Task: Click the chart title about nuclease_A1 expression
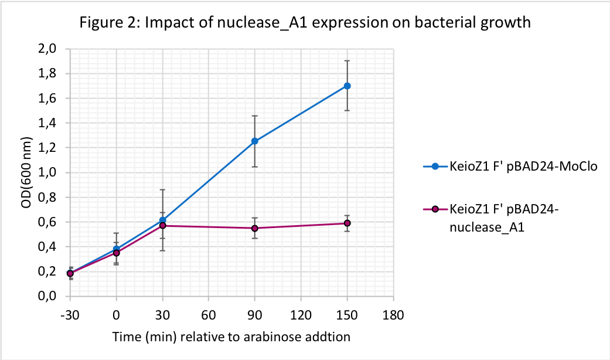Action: [x=305, y=23]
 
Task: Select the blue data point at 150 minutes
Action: [x=347, y=86]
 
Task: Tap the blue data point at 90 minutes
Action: [x=255, y=141]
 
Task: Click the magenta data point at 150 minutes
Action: [x=347, y=223]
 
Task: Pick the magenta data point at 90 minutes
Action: [x=255, y=228]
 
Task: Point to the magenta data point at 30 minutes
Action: [x=162, y=226]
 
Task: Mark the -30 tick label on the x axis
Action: [x=70, y=315]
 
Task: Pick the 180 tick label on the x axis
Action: [x=393, y=315]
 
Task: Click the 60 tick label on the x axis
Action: [x=209, y=315]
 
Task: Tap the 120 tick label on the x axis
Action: [x=301, y=315]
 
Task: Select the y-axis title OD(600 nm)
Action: [x=25, y=173]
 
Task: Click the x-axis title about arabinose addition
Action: [x=231, y=338]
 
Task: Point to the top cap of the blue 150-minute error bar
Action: [x=347, y=60]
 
